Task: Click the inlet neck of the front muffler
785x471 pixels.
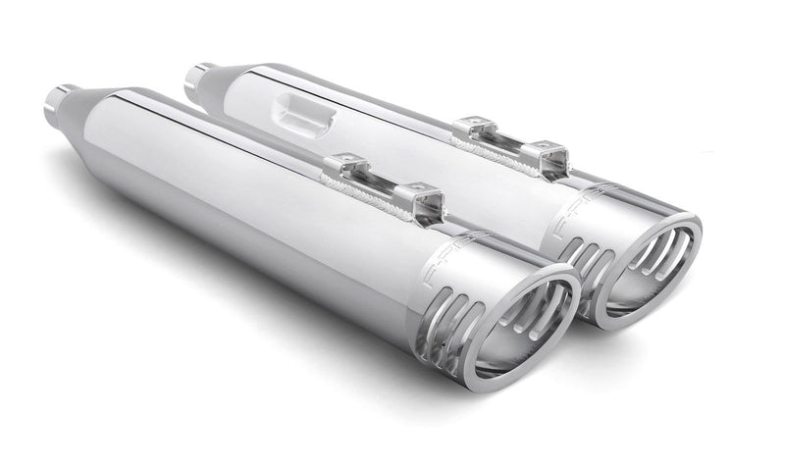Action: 57,99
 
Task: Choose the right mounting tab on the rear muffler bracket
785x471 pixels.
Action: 549,155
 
